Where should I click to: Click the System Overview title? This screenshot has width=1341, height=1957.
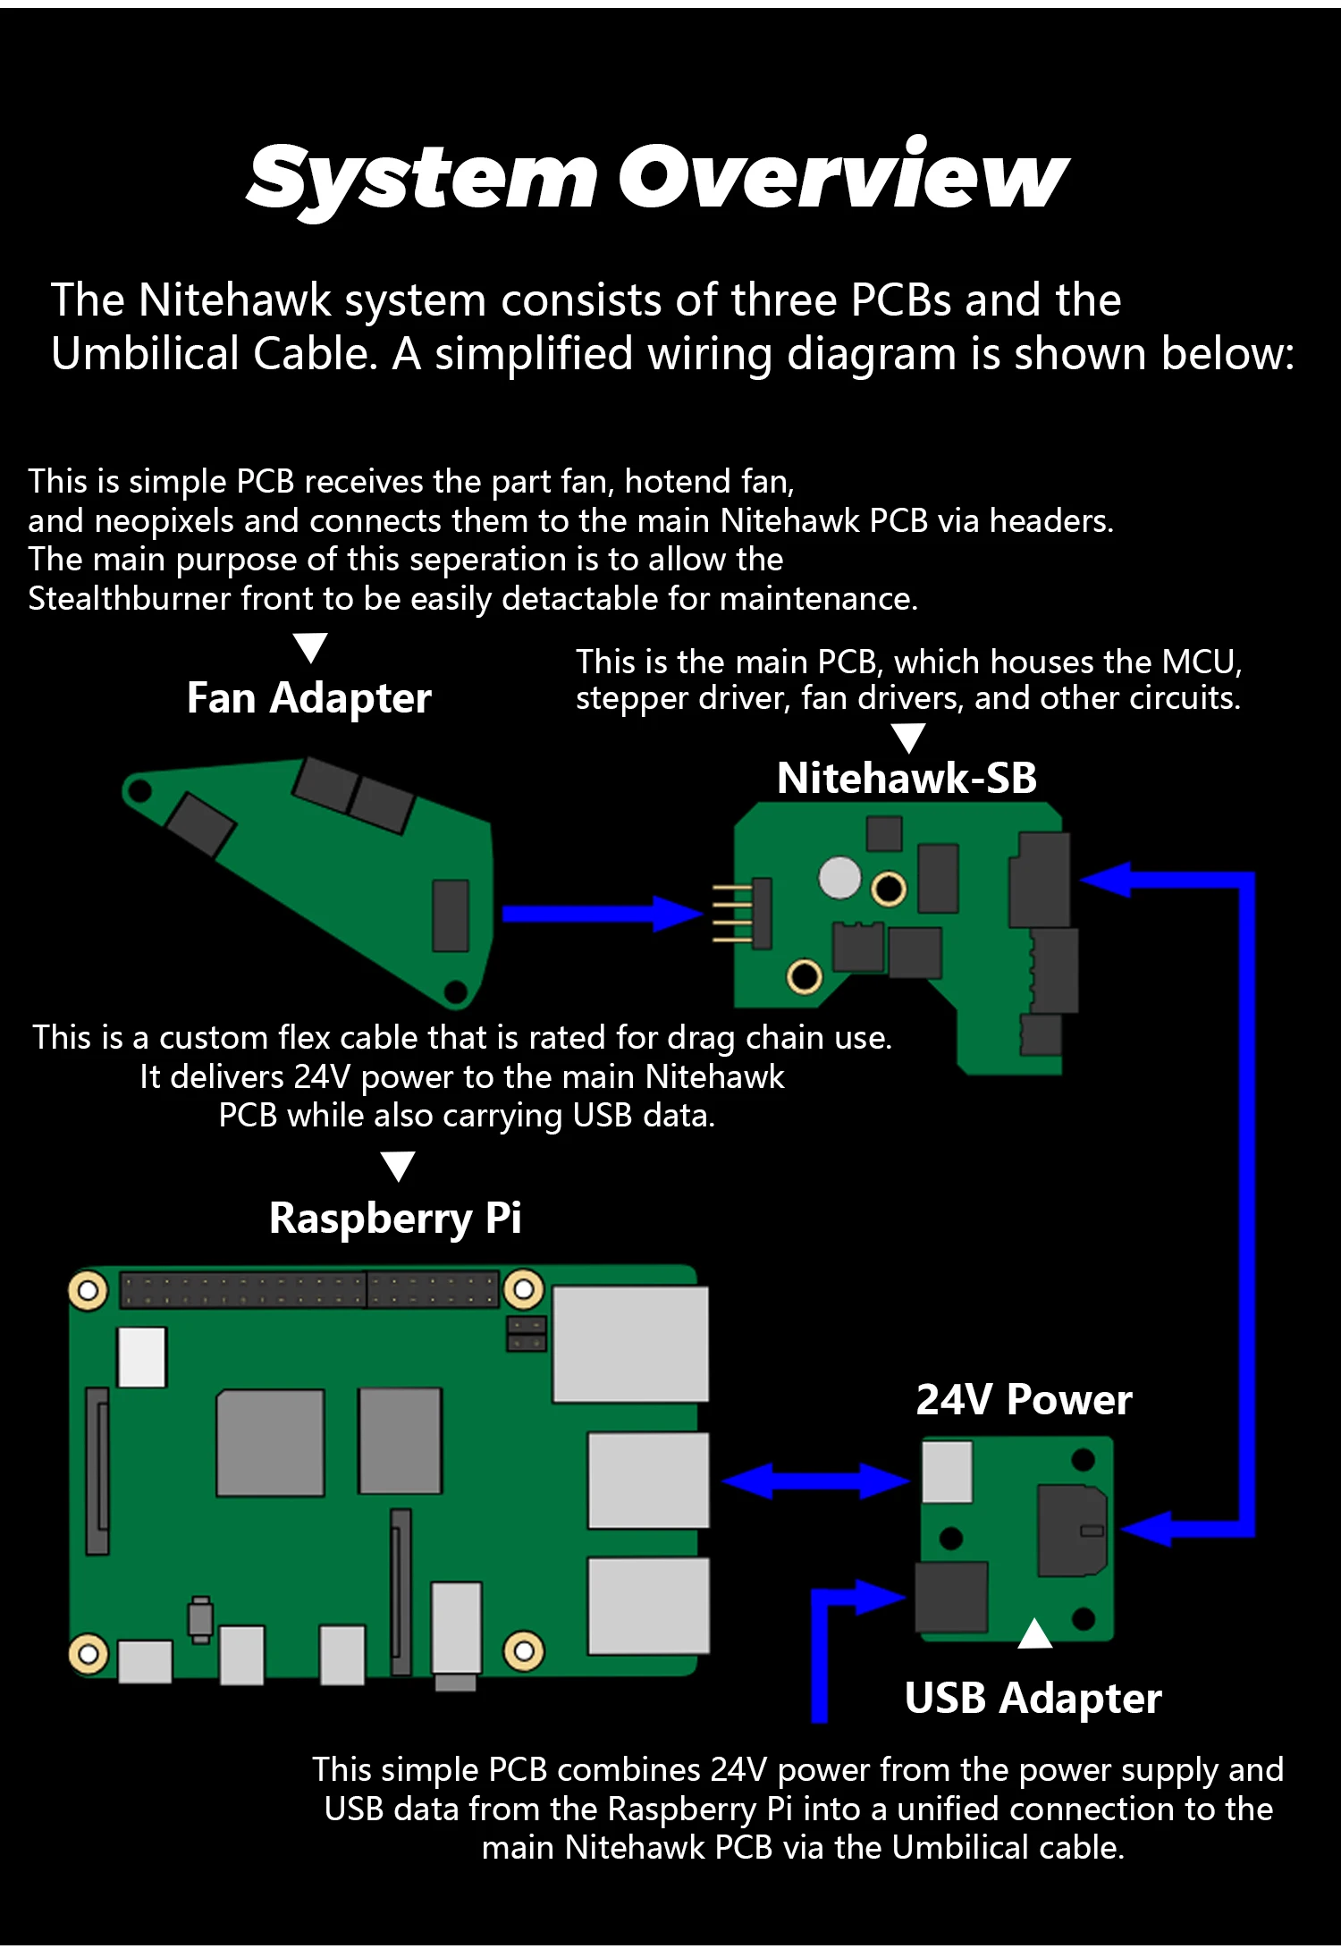click(x=657, y=176)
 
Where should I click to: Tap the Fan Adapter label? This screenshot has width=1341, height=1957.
click(x=308, y=698)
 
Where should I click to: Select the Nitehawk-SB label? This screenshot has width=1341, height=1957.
click(x=907, y=778)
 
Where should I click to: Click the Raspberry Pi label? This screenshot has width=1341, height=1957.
click(x=395, y=1218)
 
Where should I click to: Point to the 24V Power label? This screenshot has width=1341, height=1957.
click(x=1024, y=1399)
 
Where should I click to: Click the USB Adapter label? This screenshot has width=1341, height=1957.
click(x=1033, y=1698)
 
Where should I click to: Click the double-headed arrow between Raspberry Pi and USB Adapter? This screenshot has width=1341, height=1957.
click(x=814, y=1481)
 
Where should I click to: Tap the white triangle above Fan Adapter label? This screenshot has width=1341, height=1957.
click(x=310, y=645)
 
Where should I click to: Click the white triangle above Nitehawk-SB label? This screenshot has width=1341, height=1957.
click(x=908, y=737)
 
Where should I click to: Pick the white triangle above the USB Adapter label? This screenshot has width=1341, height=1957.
click(x=1034, y=1634)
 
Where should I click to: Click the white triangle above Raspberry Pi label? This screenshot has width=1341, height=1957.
click(x=398, y=1165)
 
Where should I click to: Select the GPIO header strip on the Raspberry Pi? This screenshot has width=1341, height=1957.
click(x=308, y=1290)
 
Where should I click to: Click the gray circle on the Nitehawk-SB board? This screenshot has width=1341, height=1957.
click(x=839, y=877)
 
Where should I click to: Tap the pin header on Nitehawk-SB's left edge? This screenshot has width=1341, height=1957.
click(x=744, y=913)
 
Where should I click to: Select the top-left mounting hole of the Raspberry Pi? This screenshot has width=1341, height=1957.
click(x=88, y=1291)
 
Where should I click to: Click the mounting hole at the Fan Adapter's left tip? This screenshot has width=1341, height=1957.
click(x=139, y=790)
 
